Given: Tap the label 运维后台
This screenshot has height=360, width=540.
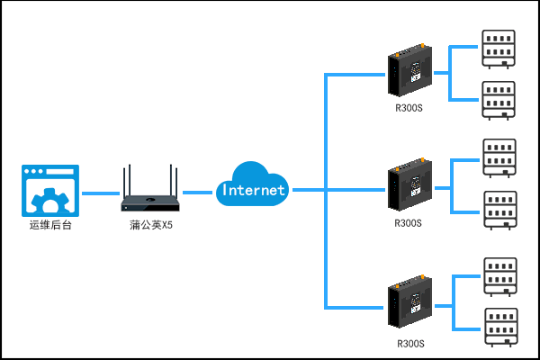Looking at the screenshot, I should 50,225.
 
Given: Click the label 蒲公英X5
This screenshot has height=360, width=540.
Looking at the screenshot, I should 151,225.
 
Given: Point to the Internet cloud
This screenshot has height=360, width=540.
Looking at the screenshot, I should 253,186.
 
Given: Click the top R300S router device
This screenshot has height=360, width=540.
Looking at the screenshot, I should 410,75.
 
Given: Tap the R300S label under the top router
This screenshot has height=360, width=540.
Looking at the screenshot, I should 409,110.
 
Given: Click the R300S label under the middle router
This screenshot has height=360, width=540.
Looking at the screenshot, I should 409,221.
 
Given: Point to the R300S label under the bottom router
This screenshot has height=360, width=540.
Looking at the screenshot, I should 409,343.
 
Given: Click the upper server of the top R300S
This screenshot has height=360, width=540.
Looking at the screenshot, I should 499,49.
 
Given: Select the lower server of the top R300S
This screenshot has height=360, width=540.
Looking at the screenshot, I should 499,100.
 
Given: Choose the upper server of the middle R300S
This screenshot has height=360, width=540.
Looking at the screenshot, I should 500,157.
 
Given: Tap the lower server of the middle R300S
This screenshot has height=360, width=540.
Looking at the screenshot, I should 500,210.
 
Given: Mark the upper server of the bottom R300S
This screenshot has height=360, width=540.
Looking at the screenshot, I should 500,276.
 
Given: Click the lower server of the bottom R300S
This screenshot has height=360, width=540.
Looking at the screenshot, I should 500,327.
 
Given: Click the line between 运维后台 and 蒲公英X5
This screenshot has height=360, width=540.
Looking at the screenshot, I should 101,193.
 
